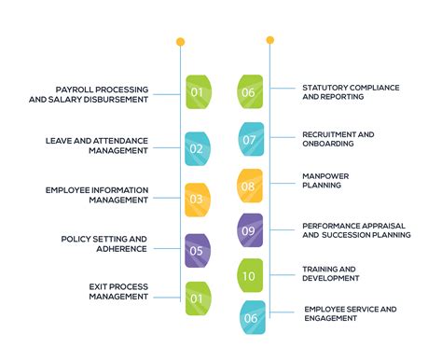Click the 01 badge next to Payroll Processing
(198, 92)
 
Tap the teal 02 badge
(197, 148)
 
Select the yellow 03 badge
(197, 199)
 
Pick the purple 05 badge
(197, 250)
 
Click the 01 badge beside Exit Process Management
(197, 298)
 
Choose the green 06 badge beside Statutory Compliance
(251, 92)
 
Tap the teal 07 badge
(251, 140)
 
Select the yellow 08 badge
(251, 186)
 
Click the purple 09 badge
(250, 230)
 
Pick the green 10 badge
(251, 275)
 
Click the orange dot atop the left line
(180, 42)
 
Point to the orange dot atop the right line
(270, 40)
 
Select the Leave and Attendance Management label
(97, 145)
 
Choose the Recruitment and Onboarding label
(338, 139)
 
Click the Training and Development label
(331, 273)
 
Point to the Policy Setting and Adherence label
(104, 243)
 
